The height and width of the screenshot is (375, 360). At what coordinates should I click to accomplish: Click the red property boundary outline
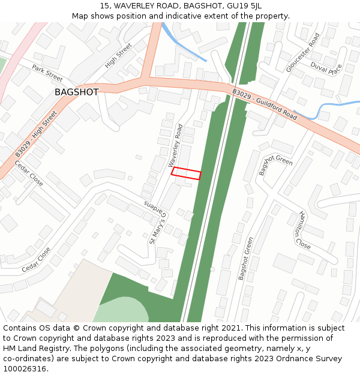click(x=186, y=173)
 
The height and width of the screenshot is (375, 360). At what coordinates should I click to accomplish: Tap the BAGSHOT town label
click(x=76, y=92)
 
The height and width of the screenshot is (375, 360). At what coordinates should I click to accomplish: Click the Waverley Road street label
click(x=176, y=145)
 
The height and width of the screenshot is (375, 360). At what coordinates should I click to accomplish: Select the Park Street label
click(x=47, y=73)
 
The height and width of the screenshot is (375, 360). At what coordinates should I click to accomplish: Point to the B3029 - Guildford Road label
click(x=265, y=104)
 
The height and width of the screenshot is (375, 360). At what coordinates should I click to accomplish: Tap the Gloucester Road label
click(x=303, y=53)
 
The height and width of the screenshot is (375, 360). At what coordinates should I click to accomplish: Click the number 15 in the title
click(x=105, y=5)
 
